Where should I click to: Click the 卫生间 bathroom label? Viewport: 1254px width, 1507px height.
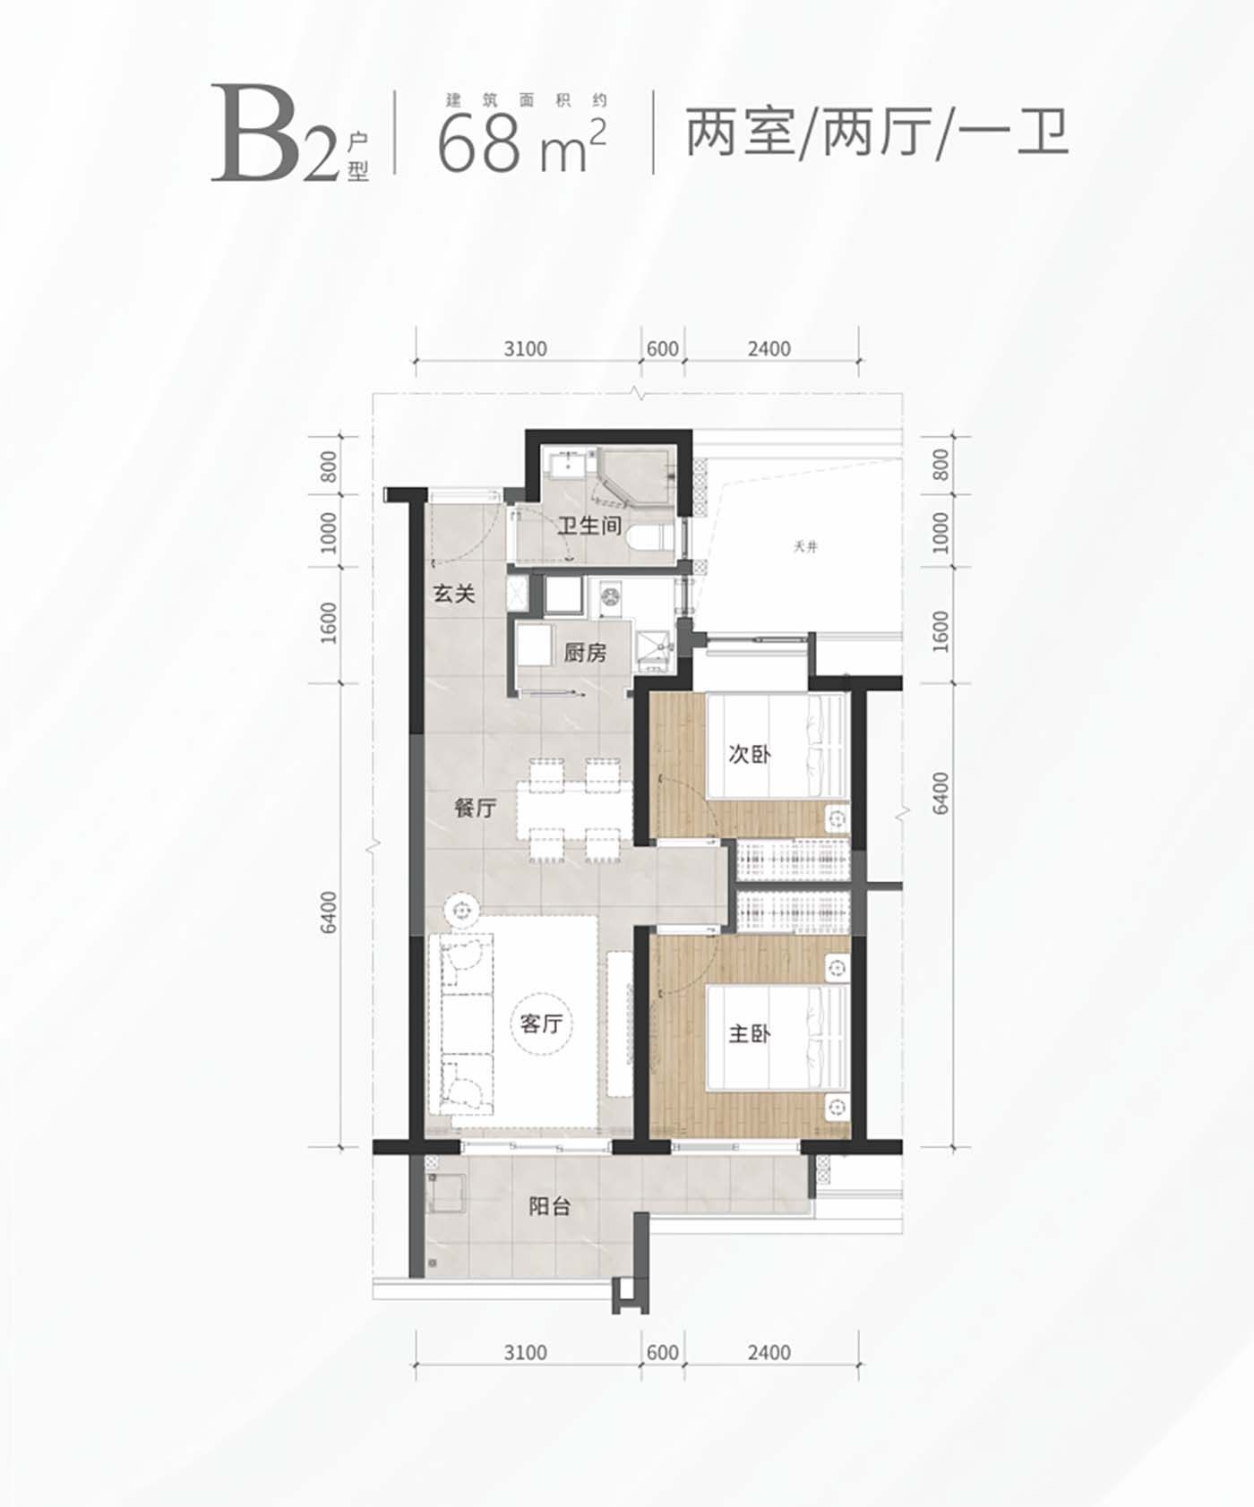pos(589,526)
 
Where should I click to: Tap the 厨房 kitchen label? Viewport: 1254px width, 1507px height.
pos(585,653)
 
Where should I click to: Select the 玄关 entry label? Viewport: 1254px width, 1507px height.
pos(454,594)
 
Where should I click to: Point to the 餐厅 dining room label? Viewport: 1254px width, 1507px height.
pos(475,808)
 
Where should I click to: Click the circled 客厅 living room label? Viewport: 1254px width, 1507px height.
pos(541,1023)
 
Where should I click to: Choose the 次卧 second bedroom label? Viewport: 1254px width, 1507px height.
pos(749,754)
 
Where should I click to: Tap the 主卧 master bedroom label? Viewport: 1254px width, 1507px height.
pos(749,1034)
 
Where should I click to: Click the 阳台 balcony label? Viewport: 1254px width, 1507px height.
pos(549,1206)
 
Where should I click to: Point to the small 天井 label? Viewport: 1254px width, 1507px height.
pos(805,547)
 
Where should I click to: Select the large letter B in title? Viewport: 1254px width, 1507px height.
pos(256,134)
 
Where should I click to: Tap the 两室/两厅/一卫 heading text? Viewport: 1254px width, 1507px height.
pos(877,133)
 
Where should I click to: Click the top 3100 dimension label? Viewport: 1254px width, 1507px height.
pos(525,349)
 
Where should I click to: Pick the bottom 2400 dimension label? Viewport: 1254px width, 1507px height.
pos(769,1352)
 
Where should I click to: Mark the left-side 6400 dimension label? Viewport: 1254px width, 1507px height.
pos(330,912)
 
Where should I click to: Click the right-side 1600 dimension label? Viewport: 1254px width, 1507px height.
pos(940,631)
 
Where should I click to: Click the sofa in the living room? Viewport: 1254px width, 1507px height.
pos(461,1023)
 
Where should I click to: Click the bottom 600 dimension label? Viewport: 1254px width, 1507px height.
pos(662,1352)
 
